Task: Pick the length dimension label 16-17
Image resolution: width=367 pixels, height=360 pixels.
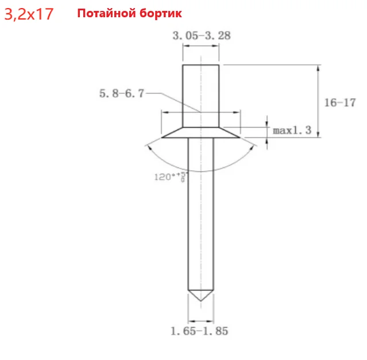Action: click(x=339, y=103)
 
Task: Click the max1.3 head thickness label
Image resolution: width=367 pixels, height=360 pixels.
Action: click(x=292, y=131)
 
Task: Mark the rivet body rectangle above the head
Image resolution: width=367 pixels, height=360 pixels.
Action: click(x=200, y=95)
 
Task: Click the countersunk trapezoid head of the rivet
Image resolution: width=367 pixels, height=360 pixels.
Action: click(x=200, y=132)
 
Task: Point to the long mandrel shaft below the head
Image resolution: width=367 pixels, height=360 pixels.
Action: click(x=200, y=219)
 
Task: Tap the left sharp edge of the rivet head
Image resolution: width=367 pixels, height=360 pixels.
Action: click(x=163, y=137)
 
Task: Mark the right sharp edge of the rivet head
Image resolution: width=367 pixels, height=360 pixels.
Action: click(x=239, y=137)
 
